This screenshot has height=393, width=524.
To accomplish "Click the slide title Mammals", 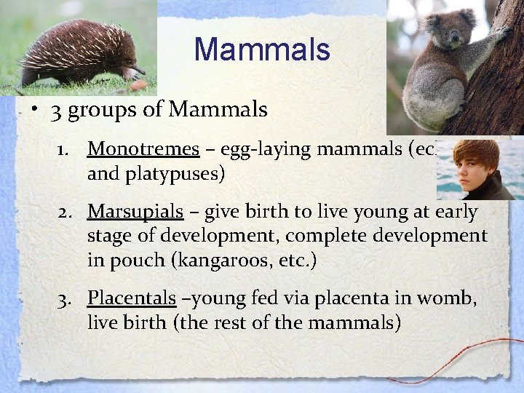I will click(x=262, y=50).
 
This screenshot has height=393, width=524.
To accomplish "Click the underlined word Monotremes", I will click(x=143, y=149).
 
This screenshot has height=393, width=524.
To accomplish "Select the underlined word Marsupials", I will click(x=135, y=212).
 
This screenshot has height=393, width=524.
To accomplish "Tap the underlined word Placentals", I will click(x=132, y=298).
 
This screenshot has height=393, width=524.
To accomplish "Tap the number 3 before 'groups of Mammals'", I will click(x=56, y=111).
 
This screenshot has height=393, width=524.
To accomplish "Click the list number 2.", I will click(x=64, y=213).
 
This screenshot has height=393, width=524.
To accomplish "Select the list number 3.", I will click(x=64, y=299).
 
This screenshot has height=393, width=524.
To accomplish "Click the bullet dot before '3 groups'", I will click(x=33, y=110).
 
